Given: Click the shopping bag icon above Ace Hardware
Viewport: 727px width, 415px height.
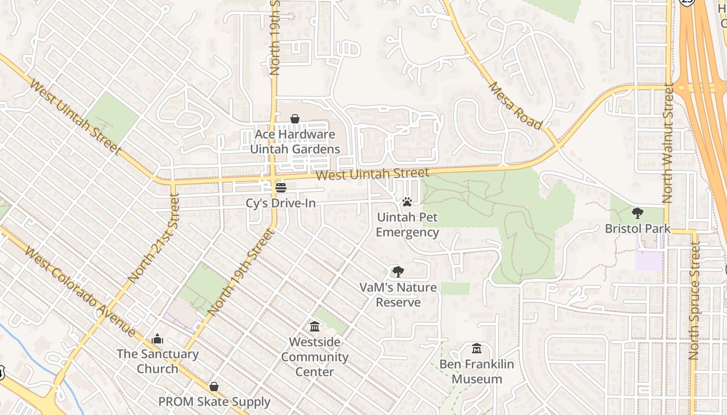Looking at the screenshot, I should pos(295,119).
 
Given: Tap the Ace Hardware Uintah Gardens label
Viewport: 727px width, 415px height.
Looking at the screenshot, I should pos(295,142).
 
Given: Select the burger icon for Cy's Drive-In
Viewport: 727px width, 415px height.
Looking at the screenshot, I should pos(281,187).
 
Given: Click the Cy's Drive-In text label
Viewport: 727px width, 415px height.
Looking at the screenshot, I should pos(280,203).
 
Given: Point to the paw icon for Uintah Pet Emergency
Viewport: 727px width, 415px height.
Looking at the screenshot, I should pos(407,201).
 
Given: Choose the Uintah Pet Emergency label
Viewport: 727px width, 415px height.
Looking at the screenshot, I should pos(408,225).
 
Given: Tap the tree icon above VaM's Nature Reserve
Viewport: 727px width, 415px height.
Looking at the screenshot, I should pos(398,271).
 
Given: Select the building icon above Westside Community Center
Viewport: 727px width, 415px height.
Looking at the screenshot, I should pos(315,327).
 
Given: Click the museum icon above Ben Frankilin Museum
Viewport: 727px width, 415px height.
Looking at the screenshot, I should pos(477,349).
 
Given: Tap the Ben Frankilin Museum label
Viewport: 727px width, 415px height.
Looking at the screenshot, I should pos(477,371).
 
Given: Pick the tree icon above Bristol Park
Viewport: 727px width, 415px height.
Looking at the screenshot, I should pos(638,213).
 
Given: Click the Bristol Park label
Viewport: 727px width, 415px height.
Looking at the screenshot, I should pos(638,229).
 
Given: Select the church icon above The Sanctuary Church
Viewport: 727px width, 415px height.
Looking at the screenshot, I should pos(157,339).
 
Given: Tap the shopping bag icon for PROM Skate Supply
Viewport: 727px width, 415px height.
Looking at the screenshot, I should pos(213,386).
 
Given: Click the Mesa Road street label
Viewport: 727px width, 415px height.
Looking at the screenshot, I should pos(515,106).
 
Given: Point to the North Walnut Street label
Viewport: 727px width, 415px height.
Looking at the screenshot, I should pos(668,144).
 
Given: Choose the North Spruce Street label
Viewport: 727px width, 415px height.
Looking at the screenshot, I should pos(694,301).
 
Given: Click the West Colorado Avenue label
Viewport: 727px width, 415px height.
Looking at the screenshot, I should pos(80,292).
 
